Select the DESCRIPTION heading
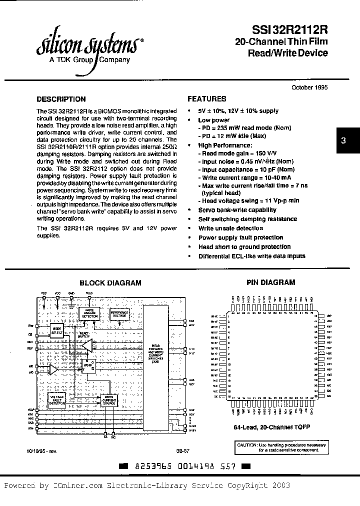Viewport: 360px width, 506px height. click(61, 99)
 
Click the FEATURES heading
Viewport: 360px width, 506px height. click(206, 99)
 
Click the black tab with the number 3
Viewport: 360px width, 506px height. click(343, 141)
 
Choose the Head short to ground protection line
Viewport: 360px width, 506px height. click(244, 246)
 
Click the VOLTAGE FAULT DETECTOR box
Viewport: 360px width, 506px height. click(57, 399)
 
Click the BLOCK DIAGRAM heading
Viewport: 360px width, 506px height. click(110, 282)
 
